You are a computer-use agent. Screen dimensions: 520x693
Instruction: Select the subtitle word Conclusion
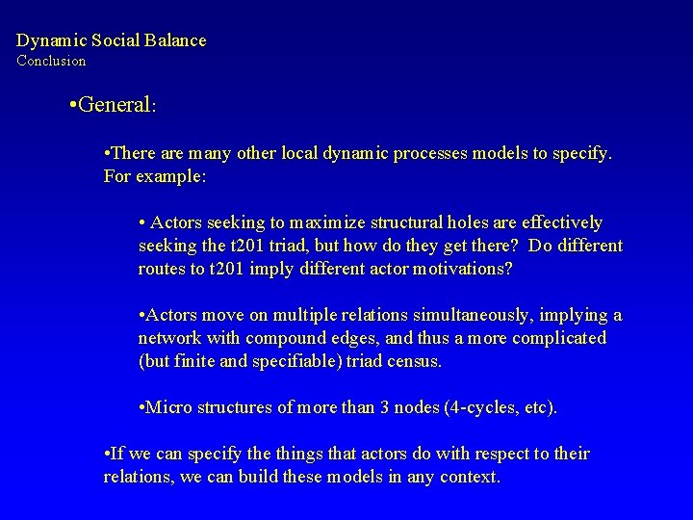tap(51, 61)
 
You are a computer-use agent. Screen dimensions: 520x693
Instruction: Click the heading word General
tap(115, 105)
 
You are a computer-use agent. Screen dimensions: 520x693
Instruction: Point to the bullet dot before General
tap(74, 105)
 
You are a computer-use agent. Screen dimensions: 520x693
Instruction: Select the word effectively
tap(553, 222)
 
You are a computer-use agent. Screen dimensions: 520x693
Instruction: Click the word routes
tap(162, 269)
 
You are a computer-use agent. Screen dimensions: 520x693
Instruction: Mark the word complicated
tap(560, 338)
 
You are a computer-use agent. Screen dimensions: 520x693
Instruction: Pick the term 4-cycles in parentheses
tap(485, 407)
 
